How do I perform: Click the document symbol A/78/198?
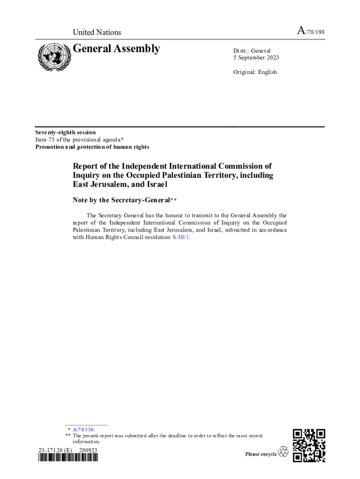(x=311, y=32)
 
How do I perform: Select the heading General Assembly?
(x=116, y=49)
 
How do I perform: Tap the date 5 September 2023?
(x=256, y=58)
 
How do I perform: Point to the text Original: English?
(x=255, y=72)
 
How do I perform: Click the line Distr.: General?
(x=252, y=51)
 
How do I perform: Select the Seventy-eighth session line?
(x=65, y=132)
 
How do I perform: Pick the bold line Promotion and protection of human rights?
(x=92, y=147)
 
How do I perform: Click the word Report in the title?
(x=87, y=166)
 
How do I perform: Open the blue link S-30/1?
(x=181, y=237)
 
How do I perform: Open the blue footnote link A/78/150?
(x=83, y=429)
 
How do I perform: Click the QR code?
(x=309, y=445)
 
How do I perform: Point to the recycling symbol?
(x=283, y=452)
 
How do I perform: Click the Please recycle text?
(x=261, y=454)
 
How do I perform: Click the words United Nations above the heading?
(x=97, y=32)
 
